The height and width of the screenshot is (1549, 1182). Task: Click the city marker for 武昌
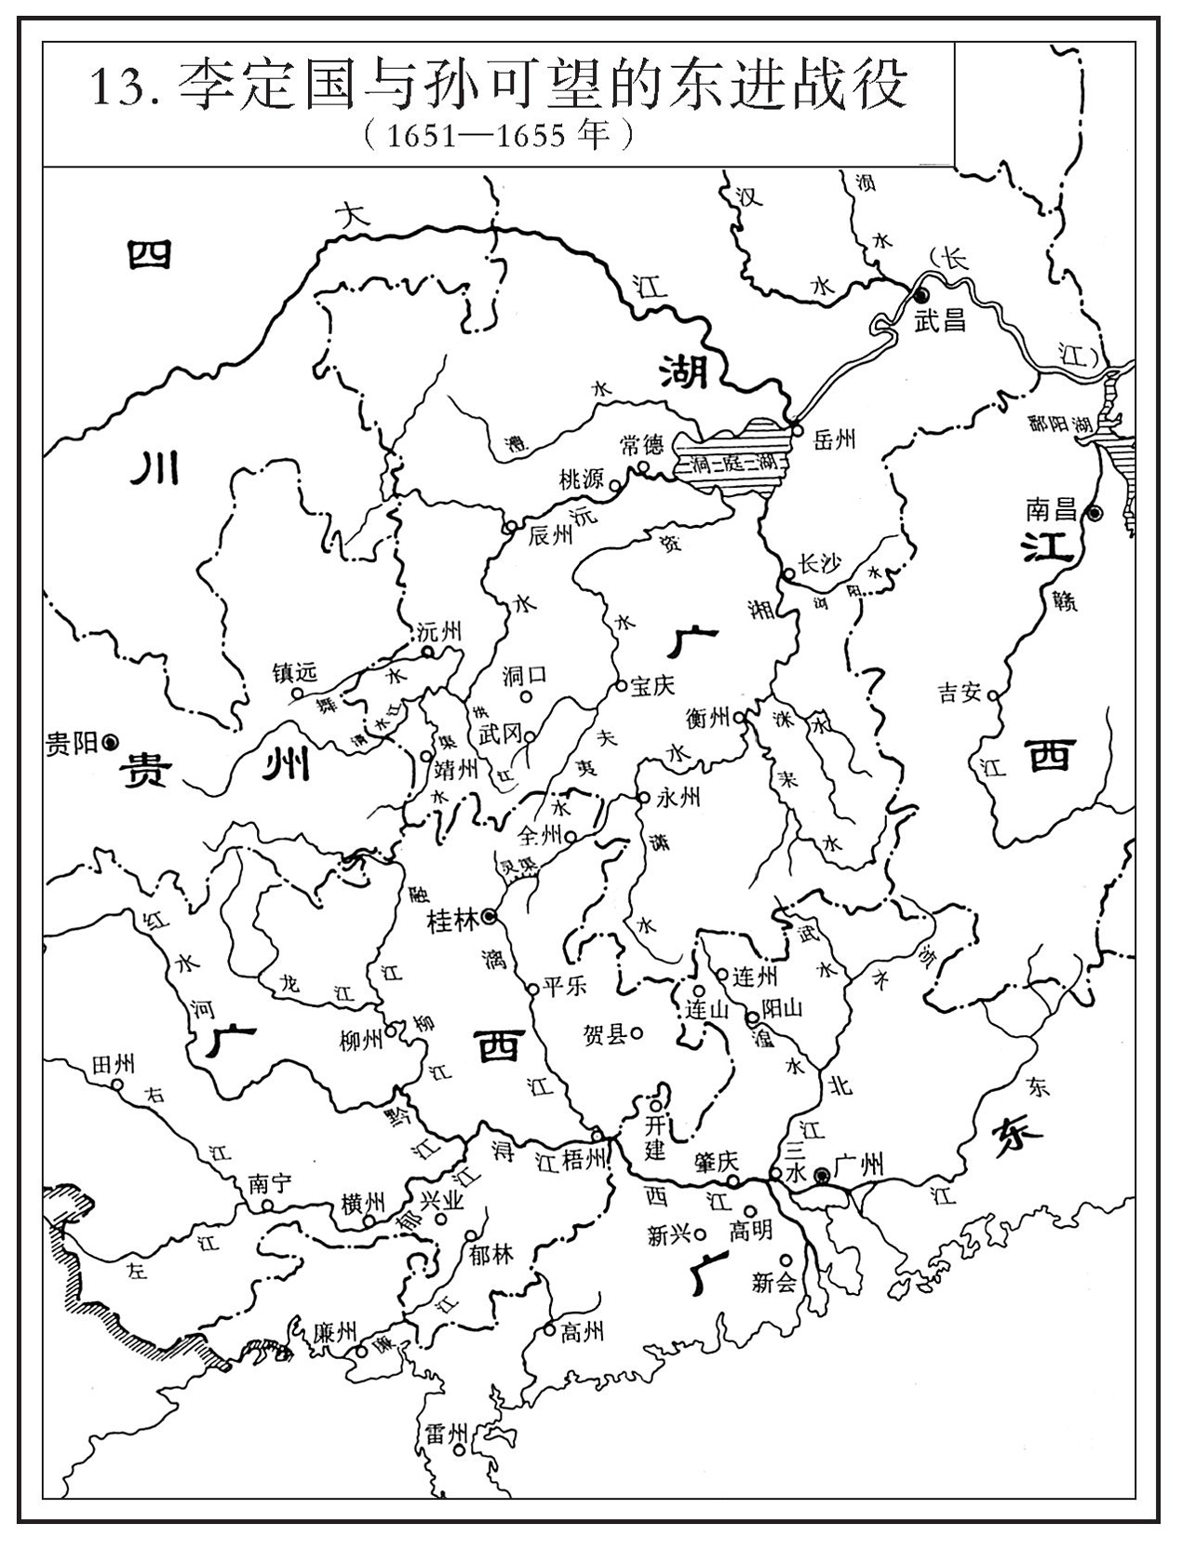point(922,293)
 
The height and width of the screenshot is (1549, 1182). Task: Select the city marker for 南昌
point(1096,512)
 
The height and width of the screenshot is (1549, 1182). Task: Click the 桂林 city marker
point(490,919)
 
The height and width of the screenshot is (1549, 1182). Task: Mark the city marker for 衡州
point(739,718)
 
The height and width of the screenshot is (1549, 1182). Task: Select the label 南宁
point(270,1184)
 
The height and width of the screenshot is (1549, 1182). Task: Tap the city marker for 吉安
point(993,695)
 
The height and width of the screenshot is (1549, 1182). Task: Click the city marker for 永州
point(643,798)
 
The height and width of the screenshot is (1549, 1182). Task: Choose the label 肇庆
point(716,1162)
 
